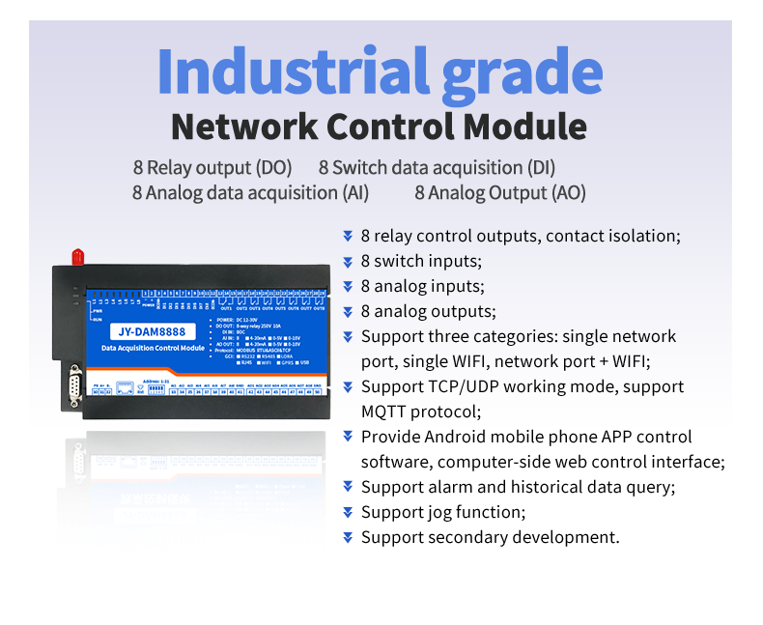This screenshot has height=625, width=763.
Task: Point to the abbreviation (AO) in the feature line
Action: coord(568,192)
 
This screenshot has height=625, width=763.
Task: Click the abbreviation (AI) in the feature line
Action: coord(355,192)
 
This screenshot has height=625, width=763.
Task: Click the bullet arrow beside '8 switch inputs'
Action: coord(348,261)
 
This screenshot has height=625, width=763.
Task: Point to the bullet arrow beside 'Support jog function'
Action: coord(348,512)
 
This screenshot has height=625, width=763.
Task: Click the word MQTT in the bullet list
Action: coord(386,412)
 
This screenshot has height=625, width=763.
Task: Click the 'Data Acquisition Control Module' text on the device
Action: coord(153,347)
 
